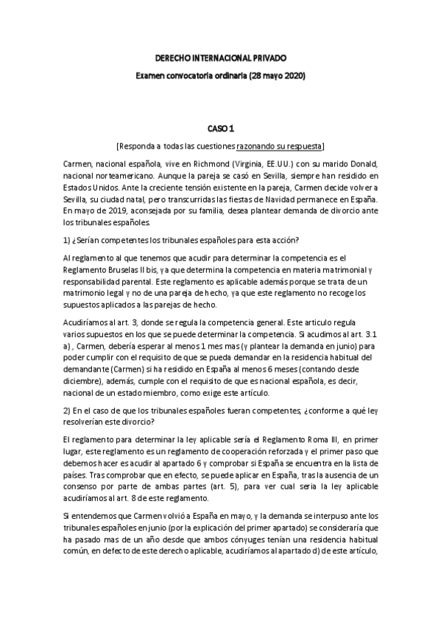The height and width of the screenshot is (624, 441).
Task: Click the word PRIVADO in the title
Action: point(266,57)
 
